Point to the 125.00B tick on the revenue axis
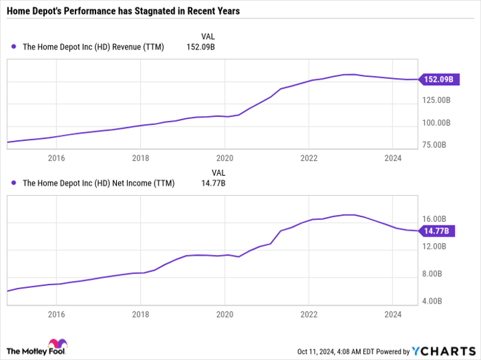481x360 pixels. (x=437, y=101)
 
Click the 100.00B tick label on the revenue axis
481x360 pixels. (x=437, y=123)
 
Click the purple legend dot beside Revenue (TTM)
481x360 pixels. (x=14, y=47)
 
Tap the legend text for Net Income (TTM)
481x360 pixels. (x=99, y=183)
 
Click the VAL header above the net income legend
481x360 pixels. (x=218, y=172)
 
